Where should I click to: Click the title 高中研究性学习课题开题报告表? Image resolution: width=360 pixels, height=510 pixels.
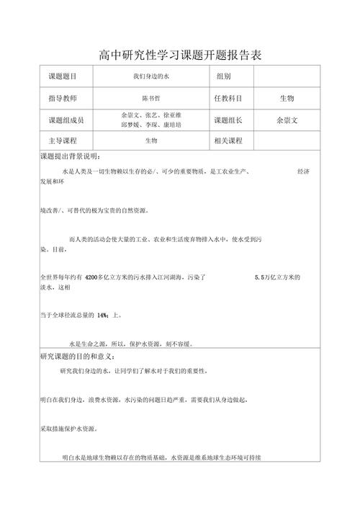pos(180,54)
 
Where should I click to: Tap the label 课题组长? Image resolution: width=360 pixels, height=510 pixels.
pos(228,120)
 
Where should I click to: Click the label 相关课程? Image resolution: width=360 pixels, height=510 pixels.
pos(228,140)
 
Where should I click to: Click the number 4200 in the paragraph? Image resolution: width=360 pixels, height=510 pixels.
pos(95,277)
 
